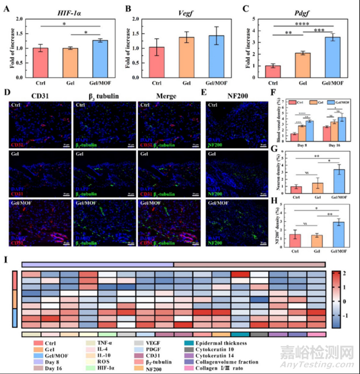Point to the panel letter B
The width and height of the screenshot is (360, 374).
tap(128, 8)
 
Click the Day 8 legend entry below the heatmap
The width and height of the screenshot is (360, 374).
tap(48, 363)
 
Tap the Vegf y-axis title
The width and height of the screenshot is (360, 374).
tap(129, 48)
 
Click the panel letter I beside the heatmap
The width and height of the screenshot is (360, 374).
tap(6, 259)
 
